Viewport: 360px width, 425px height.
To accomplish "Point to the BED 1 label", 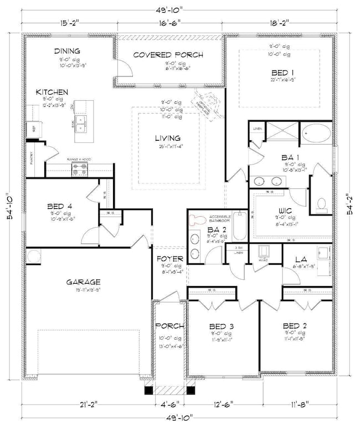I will click(x=283, y=73).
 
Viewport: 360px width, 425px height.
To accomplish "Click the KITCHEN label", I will click(x=52, y=91).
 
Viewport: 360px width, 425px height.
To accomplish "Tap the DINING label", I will click(x=66, y=51).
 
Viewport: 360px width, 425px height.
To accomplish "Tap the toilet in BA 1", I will click(x=321, y=204).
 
